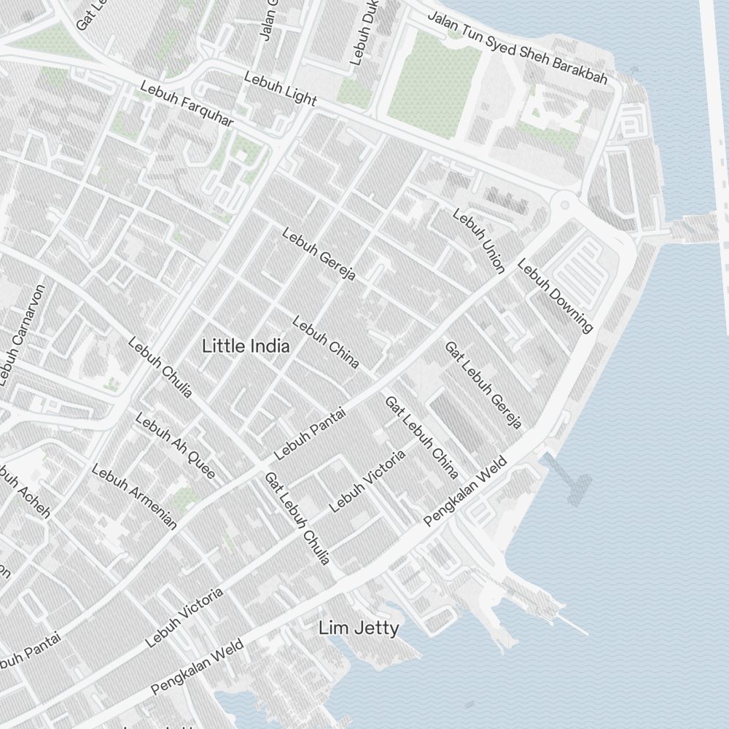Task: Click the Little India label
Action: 246,346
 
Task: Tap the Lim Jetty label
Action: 359,628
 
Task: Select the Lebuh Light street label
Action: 281,88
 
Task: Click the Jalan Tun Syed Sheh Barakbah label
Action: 517,47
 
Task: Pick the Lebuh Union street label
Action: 479,241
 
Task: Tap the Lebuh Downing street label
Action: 555,295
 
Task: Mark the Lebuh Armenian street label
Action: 134,496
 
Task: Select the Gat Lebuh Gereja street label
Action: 483,385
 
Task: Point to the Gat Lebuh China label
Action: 421,437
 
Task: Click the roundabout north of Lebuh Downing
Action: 563,202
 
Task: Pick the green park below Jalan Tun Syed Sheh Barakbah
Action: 433,77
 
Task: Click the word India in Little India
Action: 268,346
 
